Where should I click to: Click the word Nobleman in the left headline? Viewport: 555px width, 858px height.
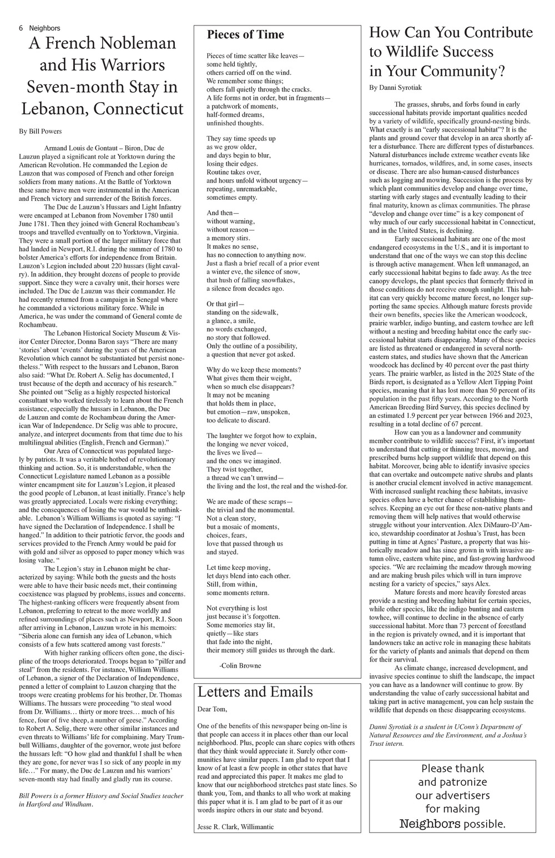coord(133,43)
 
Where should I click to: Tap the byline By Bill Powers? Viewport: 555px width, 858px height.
coord(40,132)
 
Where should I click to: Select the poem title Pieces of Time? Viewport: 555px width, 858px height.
coord(245,34)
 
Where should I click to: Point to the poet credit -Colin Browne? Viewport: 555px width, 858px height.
coord(240,665)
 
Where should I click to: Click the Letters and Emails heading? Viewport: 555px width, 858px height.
coord(255,692)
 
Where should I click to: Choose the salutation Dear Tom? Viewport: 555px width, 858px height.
coord(212,709)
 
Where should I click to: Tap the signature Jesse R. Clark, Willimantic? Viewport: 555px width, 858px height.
coord(235,826)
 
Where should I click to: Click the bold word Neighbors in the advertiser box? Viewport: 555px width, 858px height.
coord(430,824)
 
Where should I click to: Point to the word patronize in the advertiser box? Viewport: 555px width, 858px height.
coord(452,782)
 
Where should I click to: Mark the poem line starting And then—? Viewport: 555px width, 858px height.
coord(223,213)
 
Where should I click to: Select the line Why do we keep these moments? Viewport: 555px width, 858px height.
coord(254,370)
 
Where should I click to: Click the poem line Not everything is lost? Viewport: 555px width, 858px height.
coord(237,608)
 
